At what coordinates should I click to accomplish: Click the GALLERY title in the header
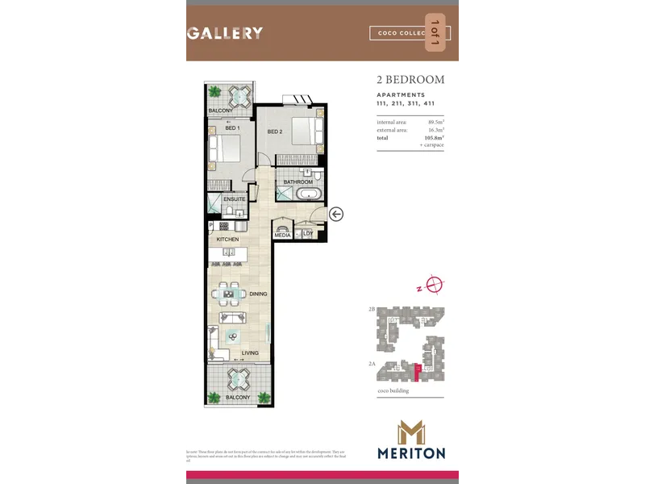pyautogui.click(x=225, y=33)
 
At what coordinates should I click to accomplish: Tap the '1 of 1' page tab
pyautogui.click(x=435, y=33)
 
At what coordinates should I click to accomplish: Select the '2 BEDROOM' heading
pyautogui.click(x=410, y=80)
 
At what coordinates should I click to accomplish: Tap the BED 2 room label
pyautogui.click(x=275, y=131)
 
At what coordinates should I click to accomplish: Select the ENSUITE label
pyautogui.click(x=235, y=199)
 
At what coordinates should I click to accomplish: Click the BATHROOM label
pyautogui.click(x=298, y=182)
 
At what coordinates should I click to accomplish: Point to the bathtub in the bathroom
pyautogui.click(x=305, y=194)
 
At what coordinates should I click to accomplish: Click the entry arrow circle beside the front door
pyautogui.click(x=336, y=214)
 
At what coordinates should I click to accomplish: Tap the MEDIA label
pyautogui.click(x=282, y=235)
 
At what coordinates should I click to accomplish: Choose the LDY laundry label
pyautogui.click(x=308, y=235)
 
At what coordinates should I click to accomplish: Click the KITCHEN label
pyautogui.click(x=227, y=240)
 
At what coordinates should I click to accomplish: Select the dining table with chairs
pyautogui.click(x=233, y=294)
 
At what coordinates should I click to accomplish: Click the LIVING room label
pyautogui.click(x=250, y=353)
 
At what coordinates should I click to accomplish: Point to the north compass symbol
pyautogui.click(x=435, y=284)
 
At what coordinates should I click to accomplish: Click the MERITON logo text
pyautogui.click(x=410, y=453)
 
